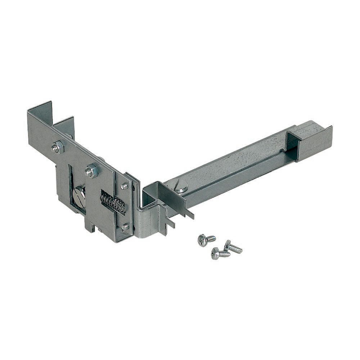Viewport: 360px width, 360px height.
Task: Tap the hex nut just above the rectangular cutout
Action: [x=92, y=170]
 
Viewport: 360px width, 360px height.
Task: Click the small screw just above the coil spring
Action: [x=125, y=186]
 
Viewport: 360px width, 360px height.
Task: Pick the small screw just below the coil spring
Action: [x=125, y=227]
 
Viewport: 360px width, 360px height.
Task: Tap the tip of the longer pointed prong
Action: [x=193, y=217]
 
